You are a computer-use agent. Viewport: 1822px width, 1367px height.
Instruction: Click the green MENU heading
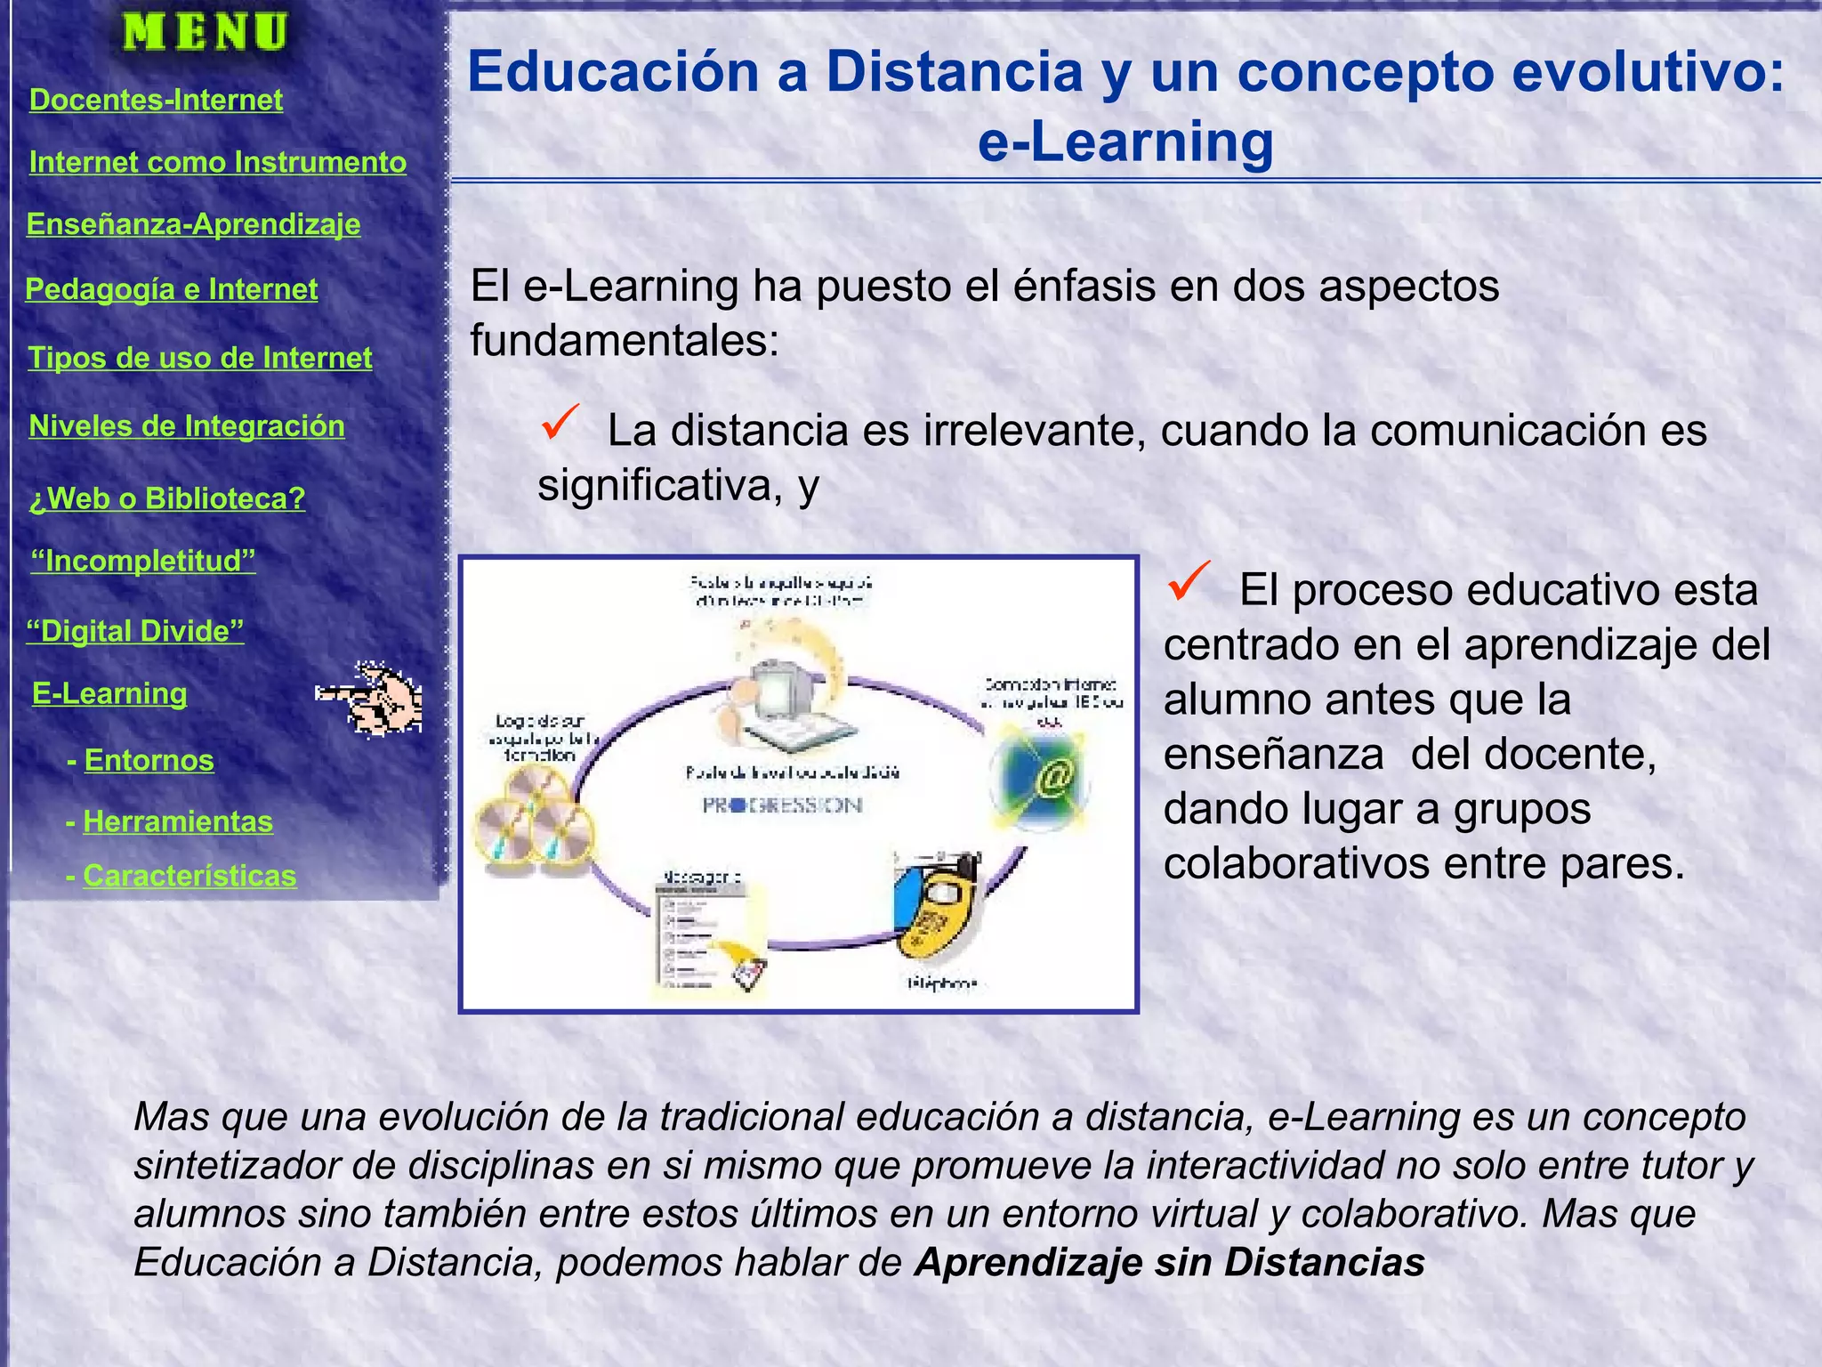coord(205,32)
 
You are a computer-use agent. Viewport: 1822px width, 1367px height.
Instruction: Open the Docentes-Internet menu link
coord(156,100)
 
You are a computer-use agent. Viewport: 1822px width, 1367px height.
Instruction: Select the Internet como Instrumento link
coord(217,162)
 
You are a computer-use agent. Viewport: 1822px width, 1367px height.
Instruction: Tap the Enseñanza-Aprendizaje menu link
coord(193,223)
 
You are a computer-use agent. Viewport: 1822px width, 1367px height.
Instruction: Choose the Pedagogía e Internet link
coord(171,289)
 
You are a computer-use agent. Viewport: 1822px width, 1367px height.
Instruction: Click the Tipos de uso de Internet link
coord(200,358)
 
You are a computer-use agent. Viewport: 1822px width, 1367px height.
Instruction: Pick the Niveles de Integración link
coord(187,426)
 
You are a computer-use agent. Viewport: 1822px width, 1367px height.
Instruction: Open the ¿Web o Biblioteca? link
coord(167,498)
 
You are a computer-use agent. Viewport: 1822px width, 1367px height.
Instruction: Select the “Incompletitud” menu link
coord(143,562)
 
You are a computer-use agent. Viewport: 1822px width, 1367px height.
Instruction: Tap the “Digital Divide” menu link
coord(135,631)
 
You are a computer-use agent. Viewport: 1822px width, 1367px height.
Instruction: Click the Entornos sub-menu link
coord(149,760)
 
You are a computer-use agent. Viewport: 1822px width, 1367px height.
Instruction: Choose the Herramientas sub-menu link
coord(178,821)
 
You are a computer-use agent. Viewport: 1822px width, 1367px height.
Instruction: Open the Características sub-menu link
coord(189,876)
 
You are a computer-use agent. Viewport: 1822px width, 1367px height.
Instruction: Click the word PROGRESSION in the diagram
coord(782,805)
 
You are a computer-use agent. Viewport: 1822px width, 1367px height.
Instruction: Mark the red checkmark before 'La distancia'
coord(560,422)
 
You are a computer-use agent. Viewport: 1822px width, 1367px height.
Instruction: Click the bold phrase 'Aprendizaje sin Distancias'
coord(1170,1263)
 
